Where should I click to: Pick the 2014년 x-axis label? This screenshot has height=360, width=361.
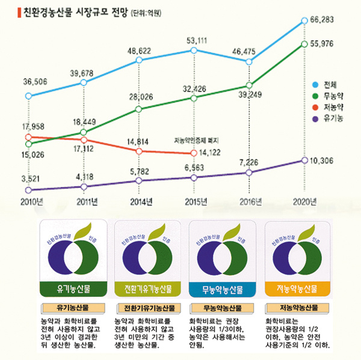pyautogui.click(x=141, y=201)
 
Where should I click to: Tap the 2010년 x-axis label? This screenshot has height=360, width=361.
pyautogui.click(x=28, y=201)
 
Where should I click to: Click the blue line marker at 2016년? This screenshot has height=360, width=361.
pyautogui.click(x=248, y=61)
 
